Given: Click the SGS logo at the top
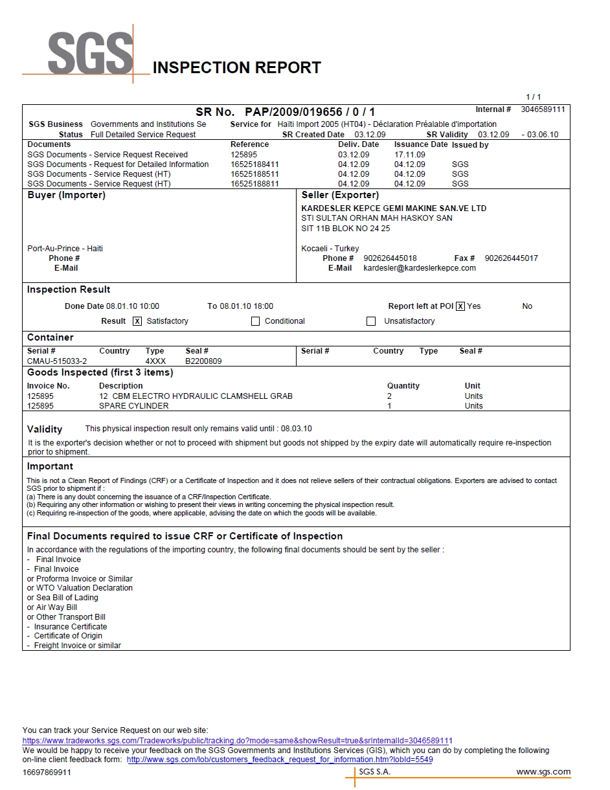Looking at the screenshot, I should coord(90,54).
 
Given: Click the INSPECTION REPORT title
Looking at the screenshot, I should coord(236,68).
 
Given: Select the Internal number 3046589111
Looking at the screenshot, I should coord(543,109).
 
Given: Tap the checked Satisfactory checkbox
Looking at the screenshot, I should coord(137,321).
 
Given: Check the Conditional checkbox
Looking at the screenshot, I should coord(255,321).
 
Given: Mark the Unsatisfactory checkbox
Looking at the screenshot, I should coord(371,321).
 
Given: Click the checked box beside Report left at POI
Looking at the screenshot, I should coord(460,306).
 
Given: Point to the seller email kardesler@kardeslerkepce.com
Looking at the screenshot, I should coord(420,268).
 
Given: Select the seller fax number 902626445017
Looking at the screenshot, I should coord(511,258).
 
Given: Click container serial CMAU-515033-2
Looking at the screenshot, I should coord(57,361).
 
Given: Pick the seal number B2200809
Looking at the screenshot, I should coord(203,361).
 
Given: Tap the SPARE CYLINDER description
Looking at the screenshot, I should coord(133,406).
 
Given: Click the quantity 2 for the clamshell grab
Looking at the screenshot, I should coord(389,396).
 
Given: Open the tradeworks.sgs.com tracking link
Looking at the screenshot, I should coord(238,741).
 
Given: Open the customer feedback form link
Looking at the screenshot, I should coord(280,760).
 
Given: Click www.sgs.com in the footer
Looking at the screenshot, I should coord(543,772).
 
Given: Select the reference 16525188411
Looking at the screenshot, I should coord(254,164).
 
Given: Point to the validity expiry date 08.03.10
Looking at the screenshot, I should coord(297,429).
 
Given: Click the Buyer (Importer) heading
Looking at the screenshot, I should coord(66,195).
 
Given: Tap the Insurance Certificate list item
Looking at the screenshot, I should coord(70,627).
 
